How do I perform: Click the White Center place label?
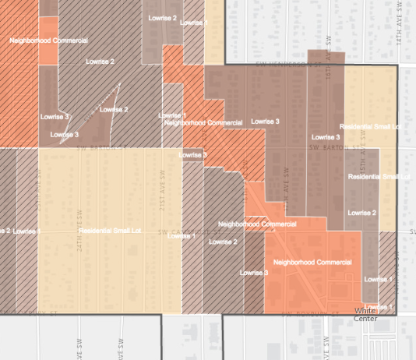(x=365, y=314)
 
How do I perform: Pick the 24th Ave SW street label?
(x=79, y=226)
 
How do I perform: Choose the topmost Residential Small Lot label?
(x=370, y=125)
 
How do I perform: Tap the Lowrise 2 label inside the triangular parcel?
(x=115, y=109)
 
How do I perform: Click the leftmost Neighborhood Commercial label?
(x=48, y=40)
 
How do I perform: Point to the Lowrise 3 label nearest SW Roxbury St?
(x=255, y=273)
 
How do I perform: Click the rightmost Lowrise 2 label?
(x=361, y=212)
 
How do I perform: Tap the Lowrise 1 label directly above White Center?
(x=379, y=279)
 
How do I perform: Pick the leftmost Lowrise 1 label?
(x=27, y=231)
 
